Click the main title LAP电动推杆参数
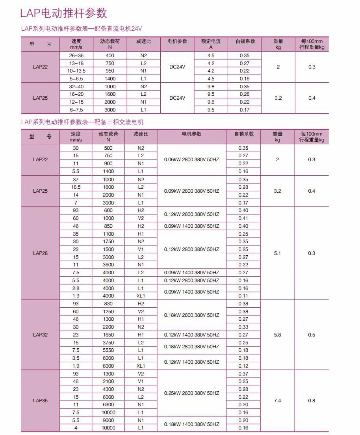point(63,13)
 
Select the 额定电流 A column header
point(211,44)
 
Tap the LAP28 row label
point(40,253)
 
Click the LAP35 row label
point(40,401)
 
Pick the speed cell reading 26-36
point(76,56)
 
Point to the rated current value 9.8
point(211,87)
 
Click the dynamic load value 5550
point(108,350)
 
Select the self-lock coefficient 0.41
point(243,218)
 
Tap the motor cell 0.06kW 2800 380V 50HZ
point(191,160)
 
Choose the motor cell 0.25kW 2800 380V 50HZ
point(191,393)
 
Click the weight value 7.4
point(277,401)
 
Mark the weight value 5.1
point(277,253)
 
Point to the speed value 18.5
point(76,187)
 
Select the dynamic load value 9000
point(108,420)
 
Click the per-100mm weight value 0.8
point(312,401)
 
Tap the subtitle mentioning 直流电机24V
point(81,29)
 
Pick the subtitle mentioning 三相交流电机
point(82,122)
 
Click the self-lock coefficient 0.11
point(243,296)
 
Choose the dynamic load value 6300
point(108,405)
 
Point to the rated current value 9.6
point(211,102)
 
